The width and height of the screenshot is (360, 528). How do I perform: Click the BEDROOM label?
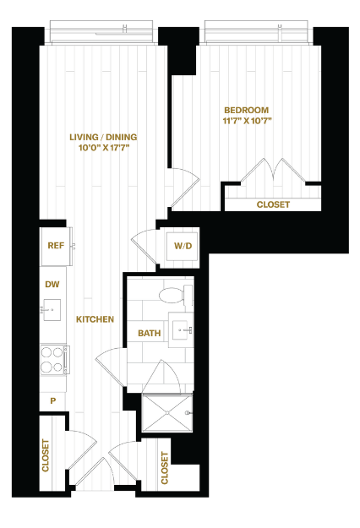click(x=247, y=110)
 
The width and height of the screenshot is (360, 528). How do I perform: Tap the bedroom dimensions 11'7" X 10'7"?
click(x=247, y=121)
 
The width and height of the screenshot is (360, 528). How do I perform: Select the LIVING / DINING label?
click(x=103, y=137)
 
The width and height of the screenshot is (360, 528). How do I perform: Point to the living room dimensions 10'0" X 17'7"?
click(x=104, y=148)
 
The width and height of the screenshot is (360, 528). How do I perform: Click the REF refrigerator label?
click(x=56, y=246)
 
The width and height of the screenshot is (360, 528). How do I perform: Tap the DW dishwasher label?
click(x=52, y=285)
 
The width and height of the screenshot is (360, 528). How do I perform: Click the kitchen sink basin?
click(x=52, y=310)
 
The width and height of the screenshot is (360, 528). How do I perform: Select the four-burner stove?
click(x=53, y=359)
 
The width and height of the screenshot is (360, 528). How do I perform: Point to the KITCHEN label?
click(x=95, y=319)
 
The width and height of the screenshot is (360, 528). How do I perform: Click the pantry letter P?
click(x=53, y=400)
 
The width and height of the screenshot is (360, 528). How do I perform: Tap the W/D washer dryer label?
click(x=183, y=246)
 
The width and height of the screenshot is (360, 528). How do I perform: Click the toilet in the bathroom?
click(x=176, y=295)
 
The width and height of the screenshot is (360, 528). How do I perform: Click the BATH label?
click(x=150, y=334)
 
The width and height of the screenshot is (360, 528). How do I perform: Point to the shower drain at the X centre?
click(x=167, y=412)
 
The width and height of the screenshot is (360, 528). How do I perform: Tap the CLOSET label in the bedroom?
click(x=273, y=204)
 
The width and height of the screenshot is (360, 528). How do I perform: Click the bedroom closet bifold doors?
click(x=274, y=171)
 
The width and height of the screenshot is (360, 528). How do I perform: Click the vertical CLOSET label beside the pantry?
click(x=46, y=455)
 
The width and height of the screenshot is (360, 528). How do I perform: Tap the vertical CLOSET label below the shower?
click(x=164, y=468)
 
